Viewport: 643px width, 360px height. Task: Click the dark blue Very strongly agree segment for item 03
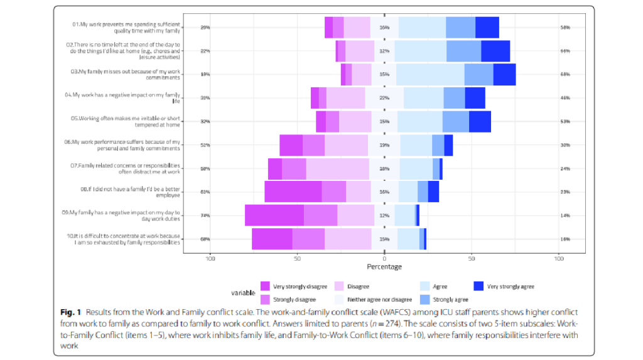click(504, 74)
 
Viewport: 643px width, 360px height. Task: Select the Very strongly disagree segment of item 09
click(274, 215)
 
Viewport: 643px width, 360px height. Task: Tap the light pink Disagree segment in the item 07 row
click(337, 168)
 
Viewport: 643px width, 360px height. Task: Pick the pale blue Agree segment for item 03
click(430, 74)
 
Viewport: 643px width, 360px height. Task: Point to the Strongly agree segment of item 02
click(463, 51)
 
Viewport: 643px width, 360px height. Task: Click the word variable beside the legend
click(242, 293)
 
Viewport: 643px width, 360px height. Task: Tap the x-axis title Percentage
click(384, 267)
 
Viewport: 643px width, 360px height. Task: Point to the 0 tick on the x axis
click(384, 258)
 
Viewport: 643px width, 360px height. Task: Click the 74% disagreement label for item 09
click(205, 215)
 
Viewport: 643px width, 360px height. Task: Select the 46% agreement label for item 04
click(565, 98)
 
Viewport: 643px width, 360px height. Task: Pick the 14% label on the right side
click(565, 215)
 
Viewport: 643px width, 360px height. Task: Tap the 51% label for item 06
click(205, 145)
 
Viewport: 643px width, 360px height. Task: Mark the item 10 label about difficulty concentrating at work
click(126, 239)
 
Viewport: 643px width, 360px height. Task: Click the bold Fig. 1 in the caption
click(70, 312)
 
